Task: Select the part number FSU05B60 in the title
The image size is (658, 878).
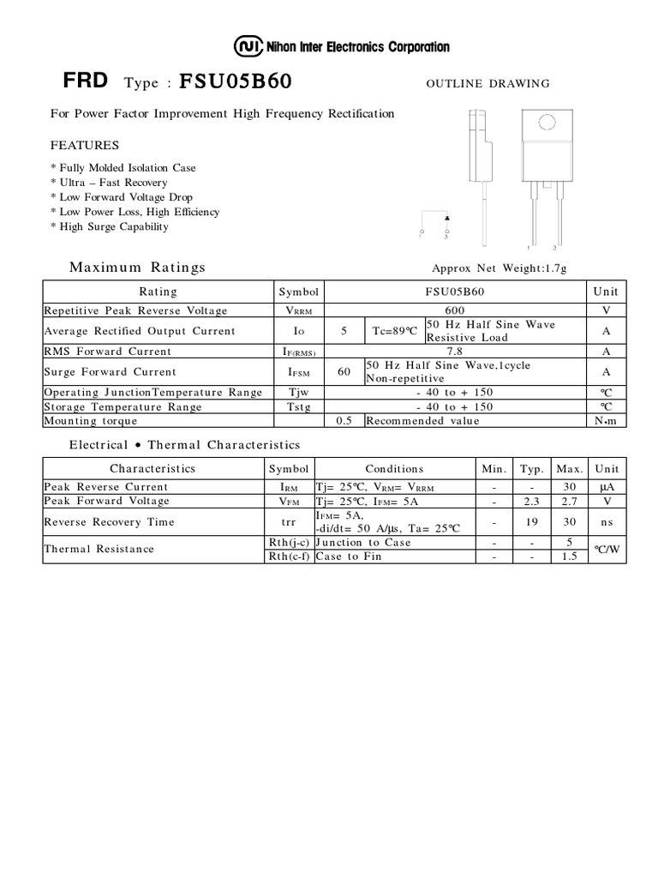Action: click(x=236, y=82)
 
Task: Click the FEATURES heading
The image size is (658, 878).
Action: click(x=85, y=145)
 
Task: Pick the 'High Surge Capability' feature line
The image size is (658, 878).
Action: click(x=112, y=226)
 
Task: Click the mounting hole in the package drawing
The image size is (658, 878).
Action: click(x=541, y=125)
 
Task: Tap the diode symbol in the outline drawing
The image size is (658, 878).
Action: click(x=446, y=219)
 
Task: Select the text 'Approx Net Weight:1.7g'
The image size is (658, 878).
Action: click(x=499, y=268)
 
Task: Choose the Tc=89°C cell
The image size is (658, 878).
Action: click(x=394, y=331)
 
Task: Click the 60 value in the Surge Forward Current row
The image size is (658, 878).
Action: click(x=344, y=372)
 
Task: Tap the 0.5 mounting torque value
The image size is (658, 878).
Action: click(x=344, y=421)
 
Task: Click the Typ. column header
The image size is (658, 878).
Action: click(x=532, y=469)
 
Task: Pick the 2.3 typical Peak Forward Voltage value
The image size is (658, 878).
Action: click(x=532, y=501)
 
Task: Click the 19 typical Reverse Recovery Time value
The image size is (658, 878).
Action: click(x=532, y=521)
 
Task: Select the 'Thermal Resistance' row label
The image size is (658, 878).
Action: click(x=99, y=549)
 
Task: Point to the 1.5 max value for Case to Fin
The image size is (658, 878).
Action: click(x=569, y=556)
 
